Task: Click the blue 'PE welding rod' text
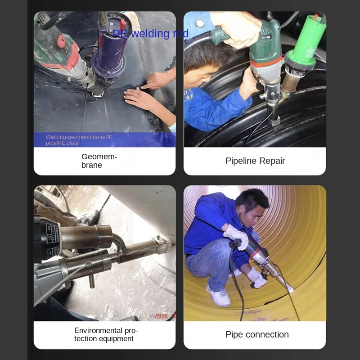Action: (150, 34)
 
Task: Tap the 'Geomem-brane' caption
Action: (99, 161)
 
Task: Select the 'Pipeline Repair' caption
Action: (255, 161)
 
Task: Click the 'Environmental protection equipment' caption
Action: (106, 334)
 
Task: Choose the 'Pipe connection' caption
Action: (256, 334)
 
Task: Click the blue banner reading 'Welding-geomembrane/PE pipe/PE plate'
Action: (104, 140)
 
